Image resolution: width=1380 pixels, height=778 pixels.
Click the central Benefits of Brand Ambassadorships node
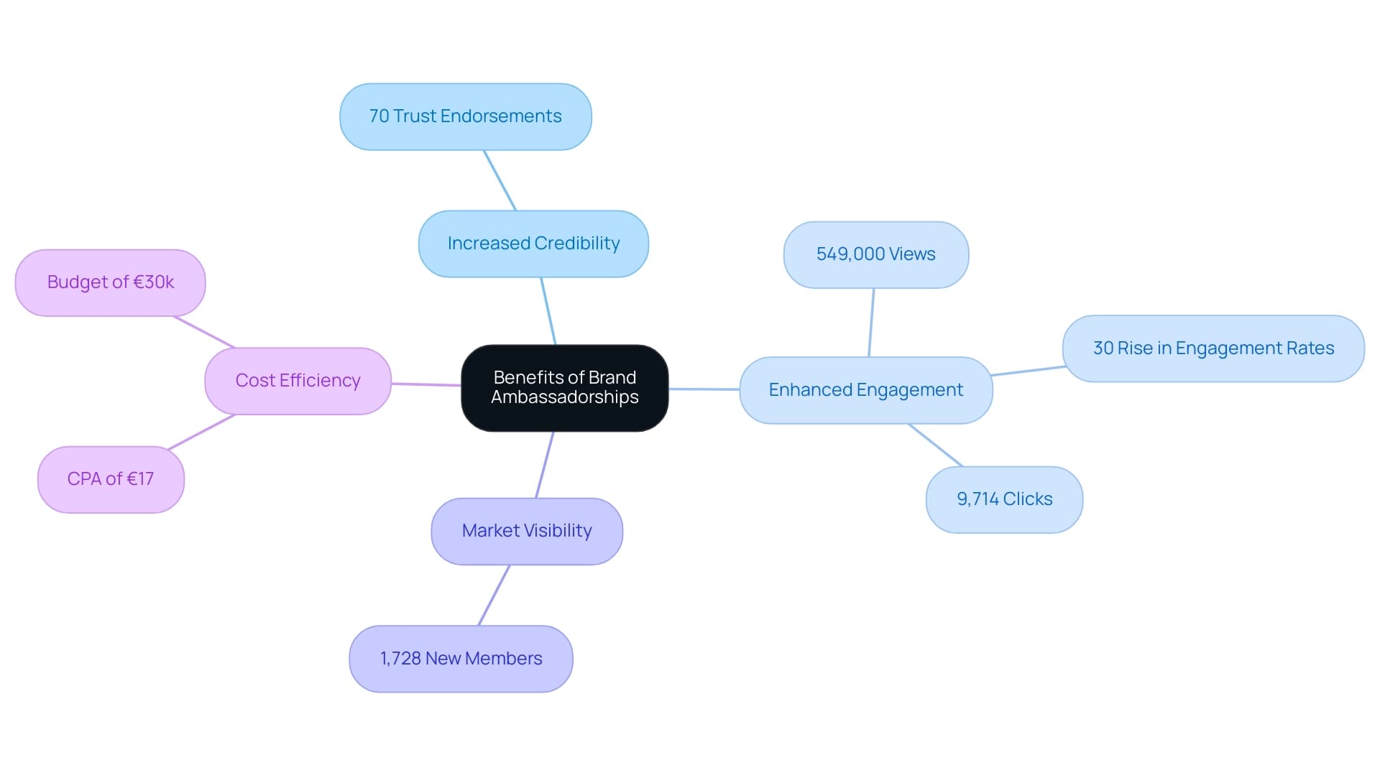point(564,388)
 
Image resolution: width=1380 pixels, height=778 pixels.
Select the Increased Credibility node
point(533,244)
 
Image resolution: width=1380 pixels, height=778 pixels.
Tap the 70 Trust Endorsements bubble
point(465,116)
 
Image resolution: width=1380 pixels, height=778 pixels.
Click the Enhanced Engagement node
point(865,390)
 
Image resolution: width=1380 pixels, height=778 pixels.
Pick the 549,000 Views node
point(875,254)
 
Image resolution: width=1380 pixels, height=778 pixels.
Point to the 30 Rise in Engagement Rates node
point(1213,348)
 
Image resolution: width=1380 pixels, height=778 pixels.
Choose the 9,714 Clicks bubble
point(1003,499)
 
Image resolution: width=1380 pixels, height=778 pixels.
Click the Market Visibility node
point(526,531)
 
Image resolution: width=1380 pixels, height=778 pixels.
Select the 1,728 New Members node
point(461,659)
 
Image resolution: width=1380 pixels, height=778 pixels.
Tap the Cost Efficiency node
point(298,381)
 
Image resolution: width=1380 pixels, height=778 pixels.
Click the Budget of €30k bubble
point(110,282)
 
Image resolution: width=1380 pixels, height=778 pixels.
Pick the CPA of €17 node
point(111,479)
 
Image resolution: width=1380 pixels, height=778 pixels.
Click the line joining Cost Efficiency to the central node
point(426,384)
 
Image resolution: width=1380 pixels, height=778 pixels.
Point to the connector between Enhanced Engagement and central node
point(704,389)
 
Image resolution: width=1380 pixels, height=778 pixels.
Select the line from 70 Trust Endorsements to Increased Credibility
point(500,180)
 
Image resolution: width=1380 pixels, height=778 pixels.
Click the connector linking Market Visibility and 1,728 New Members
point(494,595)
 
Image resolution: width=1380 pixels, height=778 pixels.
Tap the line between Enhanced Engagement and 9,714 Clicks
point(935,445)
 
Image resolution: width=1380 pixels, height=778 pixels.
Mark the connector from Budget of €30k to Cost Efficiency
point(204,332)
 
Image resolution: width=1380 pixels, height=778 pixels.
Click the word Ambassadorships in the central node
point(564,397)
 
